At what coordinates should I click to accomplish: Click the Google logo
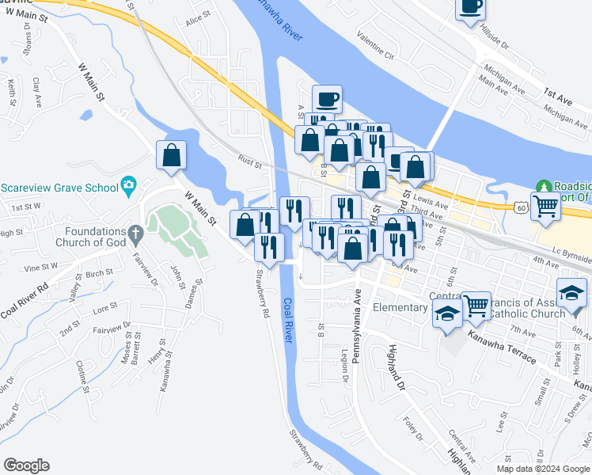tap(26, 465)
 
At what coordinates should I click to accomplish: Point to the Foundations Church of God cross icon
tap(135, 234)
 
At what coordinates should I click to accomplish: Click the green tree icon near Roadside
tap(544, 187)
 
